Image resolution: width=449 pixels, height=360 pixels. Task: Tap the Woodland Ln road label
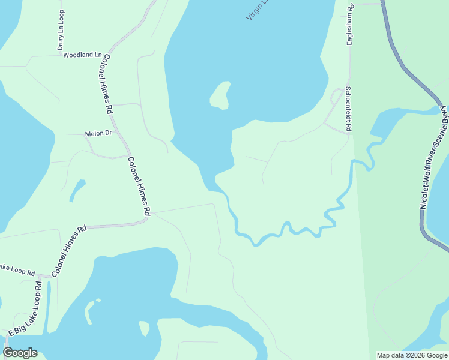tap(82, 55)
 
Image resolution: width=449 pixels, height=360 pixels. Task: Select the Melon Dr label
tap(98, 133)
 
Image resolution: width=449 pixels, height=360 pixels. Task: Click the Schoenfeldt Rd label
tap(348, 109)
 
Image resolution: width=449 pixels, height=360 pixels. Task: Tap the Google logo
tap(20, 353)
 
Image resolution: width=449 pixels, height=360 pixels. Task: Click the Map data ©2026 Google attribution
tap(411, 355)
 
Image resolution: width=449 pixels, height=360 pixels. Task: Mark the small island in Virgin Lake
tap(220, 95)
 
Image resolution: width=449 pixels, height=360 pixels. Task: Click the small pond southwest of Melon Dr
tap(77, 191)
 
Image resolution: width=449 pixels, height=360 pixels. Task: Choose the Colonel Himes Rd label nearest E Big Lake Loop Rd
tap(69, 251)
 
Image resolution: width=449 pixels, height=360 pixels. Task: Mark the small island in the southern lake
tap(144, 328)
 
